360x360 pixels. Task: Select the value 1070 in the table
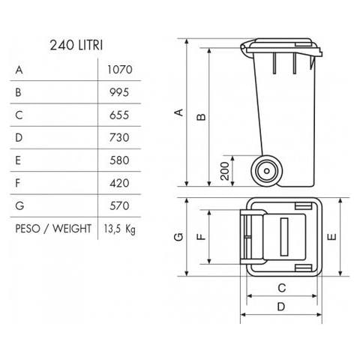point(118,70)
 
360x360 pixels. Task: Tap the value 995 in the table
point(118,93)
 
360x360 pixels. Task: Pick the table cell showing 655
point(118,115)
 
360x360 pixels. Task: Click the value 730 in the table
point(118,138)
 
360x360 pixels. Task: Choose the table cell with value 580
point(118,160)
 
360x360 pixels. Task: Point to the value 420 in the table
point(118,183)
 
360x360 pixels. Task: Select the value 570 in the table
point(118,205)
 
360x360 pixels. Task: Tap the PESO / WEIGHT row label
point(52,228)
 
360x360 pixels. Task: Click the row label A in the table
point(19,70)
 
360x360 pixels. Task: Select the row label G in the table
point(19,205)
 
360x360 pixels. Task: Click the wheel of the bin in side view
point(266,172)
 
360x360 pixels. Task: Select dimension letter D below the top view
point(280,306)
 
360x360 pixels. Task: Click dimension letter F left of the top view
point(200,237)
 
